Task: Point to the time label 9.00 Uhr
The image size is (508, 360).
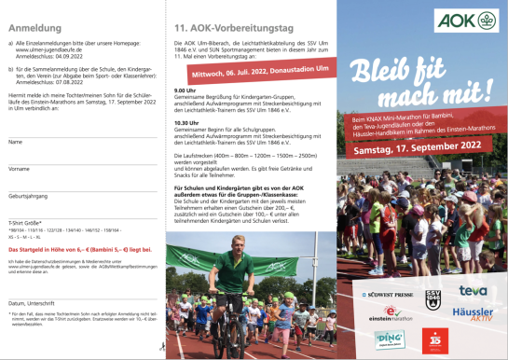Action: pyautogui.click(x=185, y=91)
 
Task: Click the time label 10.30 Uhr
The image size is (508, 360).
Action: pyautogui.click(x=186, y=122)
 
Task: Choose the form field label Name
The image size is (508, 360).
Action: pyautogui.click(x=16, y=143)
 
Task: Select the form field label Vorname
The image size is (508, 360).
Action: pyautogui.click(x=20, y=170)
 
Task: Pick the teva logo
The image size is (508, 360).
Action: pyautogui.click(x=474, y=292)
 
